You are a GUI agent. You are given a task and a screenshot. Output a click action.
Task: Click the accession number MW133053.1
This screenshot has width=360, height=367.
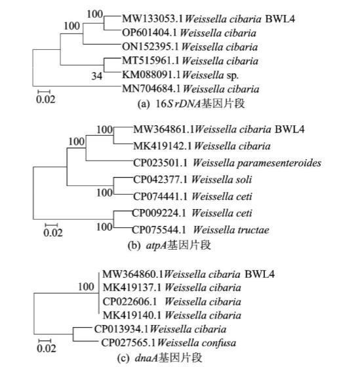pyautogui.click(x=152, y=19)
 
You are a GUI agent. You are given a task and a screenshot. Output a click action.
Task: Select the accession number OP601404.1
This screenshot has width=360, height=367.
pyautogui.click(x=150, y=33)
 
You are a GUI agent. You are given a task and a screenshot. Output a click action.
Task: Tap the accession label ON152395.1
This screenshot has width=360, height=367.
pyautogui.click(x=150, y=47)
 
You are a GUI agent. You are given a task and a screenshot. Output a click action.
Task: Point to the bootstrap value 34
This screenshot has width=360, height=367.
pyautogui.click(x=97, y=76)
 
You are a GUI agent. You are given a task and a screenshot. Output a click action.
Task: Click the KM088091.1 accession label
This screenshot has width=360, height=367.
pyautogui.click(x=151, y=75)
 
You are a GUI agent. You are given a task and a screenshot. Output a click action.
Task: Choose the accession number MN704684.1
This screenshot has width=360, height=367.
pyautogui.click(x=151, y=89)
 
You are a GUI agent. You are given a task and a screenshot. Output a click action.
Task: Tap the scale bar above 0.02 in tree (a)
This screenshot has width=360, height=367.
pyautogui.click(x=44, y=91)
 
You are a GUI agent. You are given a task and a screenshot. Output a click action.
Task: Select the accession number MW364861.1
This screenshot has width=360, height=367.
pyautogui.click(x=163, y=130)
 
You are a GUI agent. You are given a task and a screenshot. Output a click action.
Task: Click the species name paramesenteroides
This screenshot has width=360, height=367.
pyautogui.click(x=279, y=163)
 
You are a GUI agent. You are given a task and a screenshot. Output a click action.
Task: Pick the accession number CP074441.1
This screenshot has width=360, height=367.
pyautogui.click(x=160, y=197)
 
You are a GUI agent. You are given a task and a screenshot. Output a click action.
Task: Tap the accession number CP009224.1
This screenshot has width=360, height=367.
pyautogui.click(x=159, y=213)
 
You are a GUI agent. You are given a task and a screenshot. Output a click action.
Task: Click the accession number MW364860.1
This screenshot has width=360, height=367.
pyautogui.click(x=132, y=274)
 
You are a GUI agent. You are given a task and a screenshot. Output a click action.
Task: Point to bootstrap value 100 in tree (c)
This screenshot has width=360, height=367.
pyautogui.click(x=86, y=287)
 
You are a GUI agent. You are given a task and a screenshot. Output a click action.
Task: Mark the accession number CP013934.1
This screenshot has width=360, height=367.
pyautogui.click(x=121, y=329)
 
